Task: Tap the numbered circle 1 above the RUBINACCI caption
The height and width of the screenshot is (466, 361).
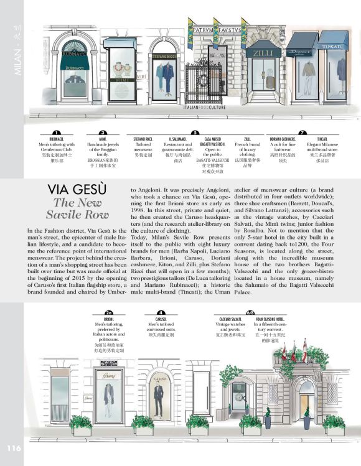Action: [x=56, y=132]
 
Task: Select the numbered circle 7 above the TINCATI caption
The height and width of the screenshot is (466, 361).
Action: [x=302, y=132]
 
